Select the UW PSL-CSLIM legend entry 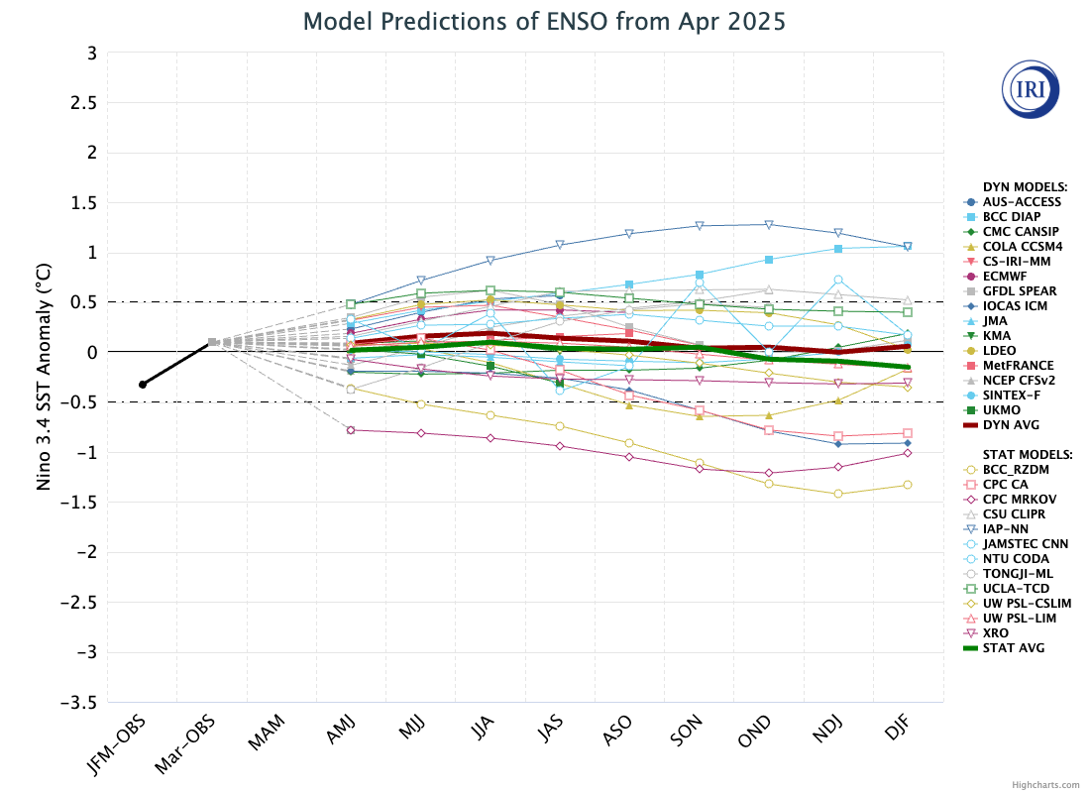tap(1027, 604)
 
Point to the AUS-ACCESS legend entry tap(1022, 202)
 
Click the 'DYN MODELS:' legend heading tap(1025, 186)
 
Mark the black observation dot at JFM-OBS tap(143, 385)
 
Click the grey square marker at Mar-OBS tap(212, 342)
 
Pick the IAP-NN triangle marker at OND tap(768, 224)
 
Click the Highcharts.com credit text tap(1045, 784)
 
